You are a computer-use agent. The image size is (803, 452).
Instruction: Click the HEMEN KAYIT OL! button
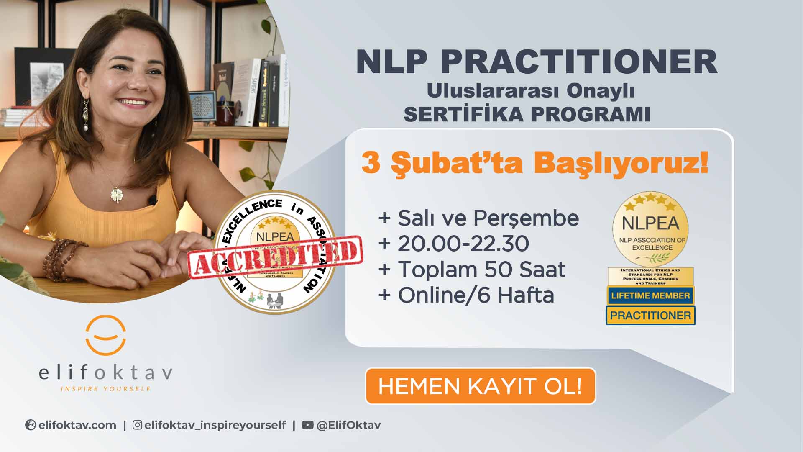(480, 386)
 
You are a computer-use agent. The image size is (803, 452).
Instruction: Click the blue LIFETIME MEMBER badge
(650, 295)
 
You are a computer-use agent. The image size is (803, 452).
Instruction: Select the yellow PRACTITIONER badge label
(650, 315)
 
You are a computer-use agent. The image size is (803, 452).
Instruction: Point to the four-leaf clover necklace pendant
(116, 195)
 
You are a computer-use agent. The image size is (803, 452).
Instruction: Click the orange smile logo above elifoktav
(106, 335)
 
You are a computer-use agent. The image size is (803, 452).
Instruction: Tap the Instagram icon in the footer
(137, 425)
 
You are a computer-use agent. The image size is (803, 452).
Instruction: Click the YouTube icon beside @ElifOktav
(307, 425)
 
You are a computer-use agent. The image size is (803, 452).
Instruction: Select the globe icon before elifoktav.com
(31, 425)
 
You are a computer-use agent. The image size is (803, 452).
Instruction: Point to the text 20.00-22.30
(463, 244)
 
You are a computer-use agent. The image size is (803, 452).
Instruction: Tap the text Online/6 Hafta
(476, 295)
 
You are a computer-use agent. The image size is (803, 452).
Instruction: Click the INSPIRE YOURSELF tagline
(106, 389)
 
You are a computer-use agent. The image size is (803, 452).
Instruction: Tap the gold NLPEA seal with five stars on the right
(650, 229)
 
